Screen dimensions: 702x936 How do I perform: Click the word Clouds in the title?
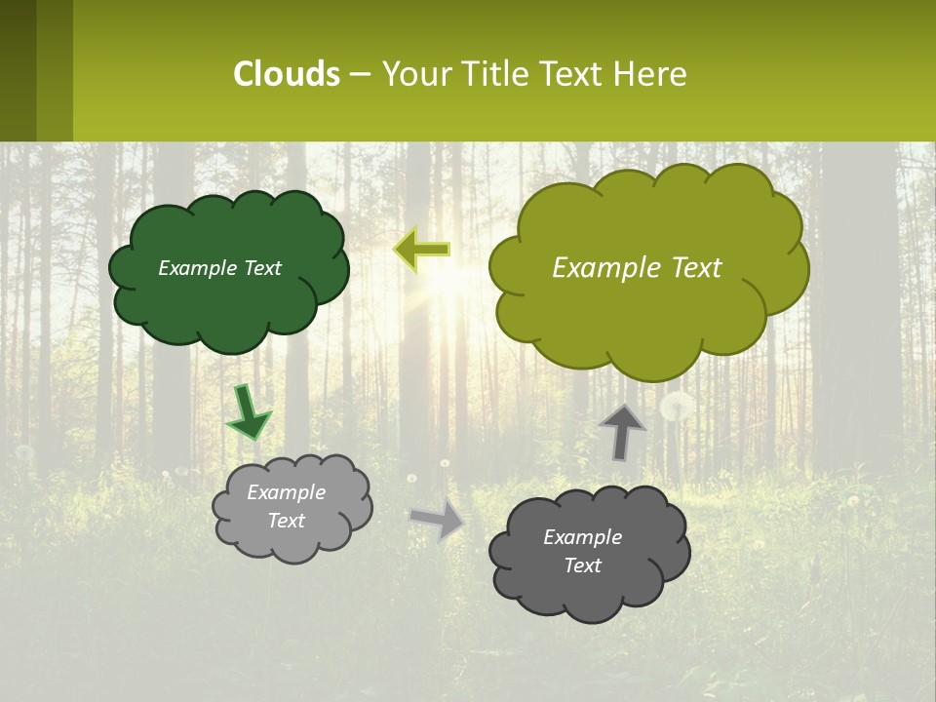(287, 74)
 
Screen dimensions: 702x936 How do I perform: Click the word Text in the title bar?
(572, 74)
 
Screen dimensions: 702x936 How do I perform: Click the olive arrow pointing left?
(422, 250)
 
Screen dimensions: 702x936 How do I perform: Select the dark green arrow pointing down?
(248, 411)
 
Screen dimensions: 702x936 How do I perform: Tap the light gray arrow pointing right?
(437, 520)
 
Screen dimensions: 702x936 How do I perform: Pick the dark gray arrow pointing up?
(621, 431)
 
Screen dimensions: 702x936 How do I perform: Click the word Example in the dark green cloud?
(197, 268)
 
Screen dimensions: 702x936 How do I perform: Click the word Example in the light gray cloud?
(286, 492)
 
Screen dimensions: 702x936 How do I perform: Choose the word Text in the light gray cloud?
(286, 521)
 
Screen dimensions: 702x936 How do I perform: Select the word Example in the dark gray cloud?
(582, 537)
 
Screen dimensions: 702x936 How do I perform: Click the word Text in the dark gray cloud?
(582, 565)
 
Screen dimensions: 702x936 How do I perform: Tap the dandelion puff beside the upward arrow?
(678, 406)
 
